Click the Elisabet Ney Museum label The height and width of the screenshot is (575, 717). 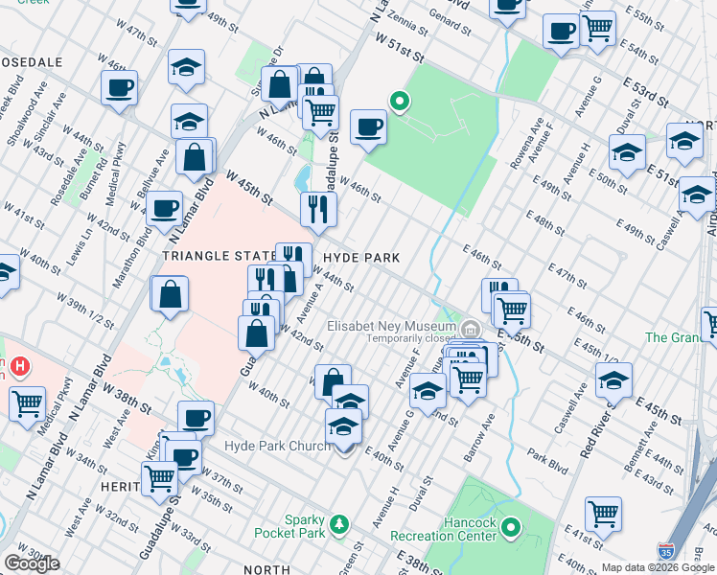pos(392,325)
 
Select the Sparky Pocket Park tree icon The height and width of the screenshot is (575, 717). pos(338,523)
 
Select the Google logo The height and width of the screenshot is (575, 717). pos(32,563)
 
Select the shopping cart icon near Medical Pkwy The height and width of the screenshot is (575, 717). pos(27,404)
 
